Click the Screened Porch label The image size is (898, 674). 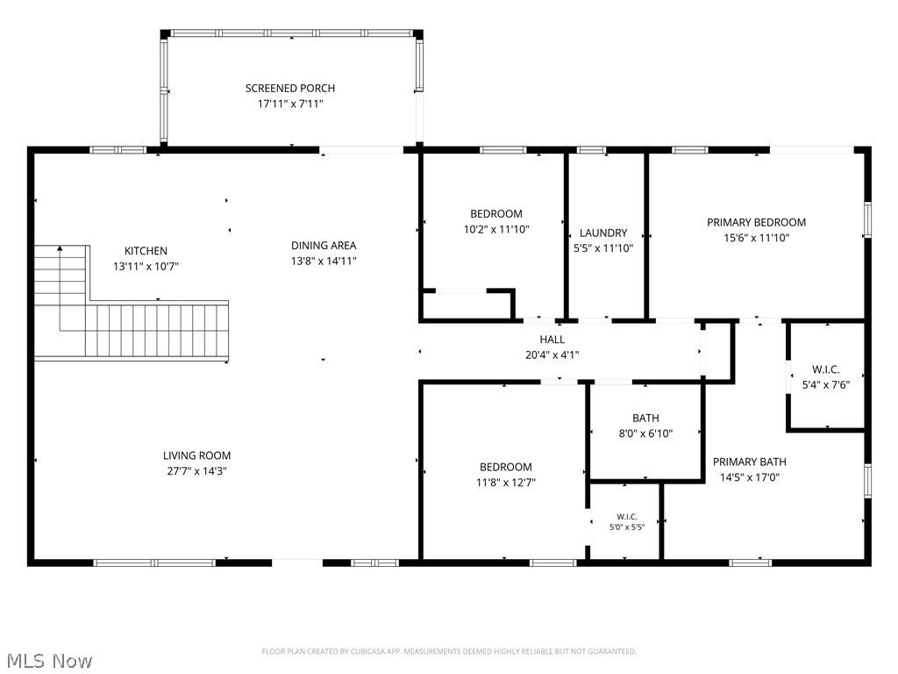pyautogui.click(x=289, y=89)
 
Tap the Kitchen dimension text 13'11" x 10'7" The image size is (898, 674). pyautogui.click(x=146, y=267)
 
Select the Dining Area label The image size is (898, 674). pyautogui.click(x=324, y=246)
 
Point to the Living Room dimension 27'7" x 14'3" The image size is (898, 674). pyautogui.click(x=197, y=471)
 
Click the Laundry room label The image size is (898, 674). pyautogui.click(x=603, y=233)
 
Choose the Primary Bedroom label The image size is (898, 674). pyautogui.click(x=756, y=222)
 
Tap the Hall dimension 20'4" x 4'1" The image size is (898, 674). pyautogui.click(x=552, y=355)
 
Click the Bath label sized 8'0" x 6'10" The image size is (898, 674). pyautogui.click(x=645, y=419)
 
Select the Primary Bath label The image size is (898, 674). pyautogui.click(x=749, y=462)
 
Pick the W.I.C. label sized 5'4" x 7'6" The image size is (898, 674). pyautogui.click(x=825, y=369)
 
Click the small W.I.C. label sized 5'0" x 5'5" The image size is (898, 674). pyautogui.click(x=626, y=517)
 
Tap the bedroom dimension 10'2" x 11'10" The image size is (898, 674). pyautogui.click(x=496, y=229)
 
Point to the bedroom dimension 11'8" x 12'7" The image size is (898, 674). pyautogui.click(x=506, y=483)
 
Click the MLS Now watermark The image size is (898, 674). pyautogui.click(x=50, y=661)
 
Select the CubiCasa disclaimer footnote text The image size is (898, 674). pyautogui.click(x=449, y=651)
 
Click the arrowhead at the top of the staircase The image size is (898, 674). pyautogui.click(x=60, y=248)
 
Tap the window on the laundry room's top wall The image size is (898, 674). pyautogui.click(x=591, y=150)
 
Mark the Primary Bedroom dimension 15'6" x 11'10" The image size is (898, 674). pyautogui.click(x=756, y=238)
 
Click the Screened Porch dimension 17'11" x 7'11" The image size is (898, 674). pyautogui.click(x=289, y=104)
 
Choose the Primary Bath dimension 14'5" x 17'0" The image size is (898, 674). pyautogui.click(x=749, y=477)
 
